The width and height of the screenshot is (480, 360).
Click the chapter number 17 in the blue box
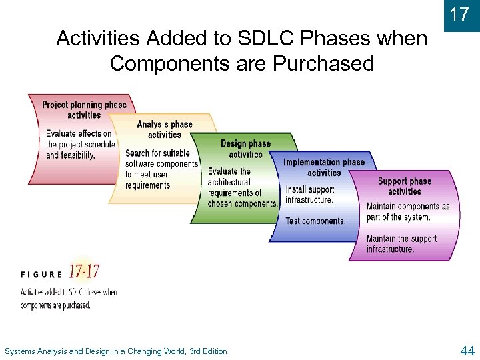pos(460,14)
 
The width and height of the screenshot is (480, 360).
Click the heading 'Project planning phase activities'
pos(84,109)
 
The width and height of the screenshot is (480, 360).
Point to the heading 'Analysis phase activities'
pos(164,129)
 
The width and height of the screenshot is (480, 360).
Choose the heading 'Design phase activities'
pos(245,149)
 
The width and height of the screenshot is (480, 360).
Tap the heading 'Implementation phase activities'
pos(324,167)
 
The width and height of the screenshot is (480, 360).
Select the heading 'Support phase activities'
pos(404,186)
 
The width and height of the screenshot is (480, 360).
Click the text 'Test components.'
pos(315,221)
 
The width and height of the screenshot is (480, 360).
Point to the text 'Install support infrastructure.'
pos(310,195)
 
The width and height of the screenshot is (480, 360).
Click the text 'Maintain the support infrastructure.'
pos(401,244)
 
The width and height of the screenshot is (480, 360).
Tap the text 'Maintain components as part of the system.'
pos(407,212)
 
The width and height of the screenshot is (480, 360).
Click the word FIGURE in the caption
pos(42,274)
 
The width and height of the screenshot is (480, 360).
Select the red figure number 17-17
pos(83,272)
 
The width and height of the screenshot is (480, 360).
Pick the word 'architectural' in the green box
pos(229,182)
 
